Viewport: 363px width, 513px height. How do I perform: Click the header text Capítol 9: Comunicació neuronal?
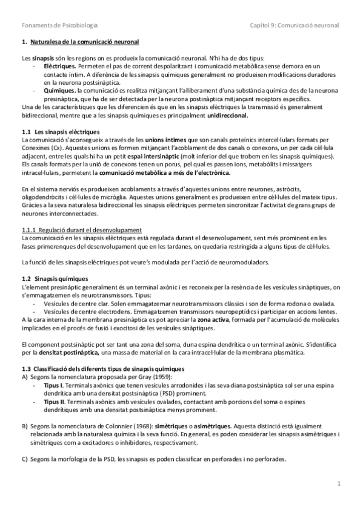coord(295,25)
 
